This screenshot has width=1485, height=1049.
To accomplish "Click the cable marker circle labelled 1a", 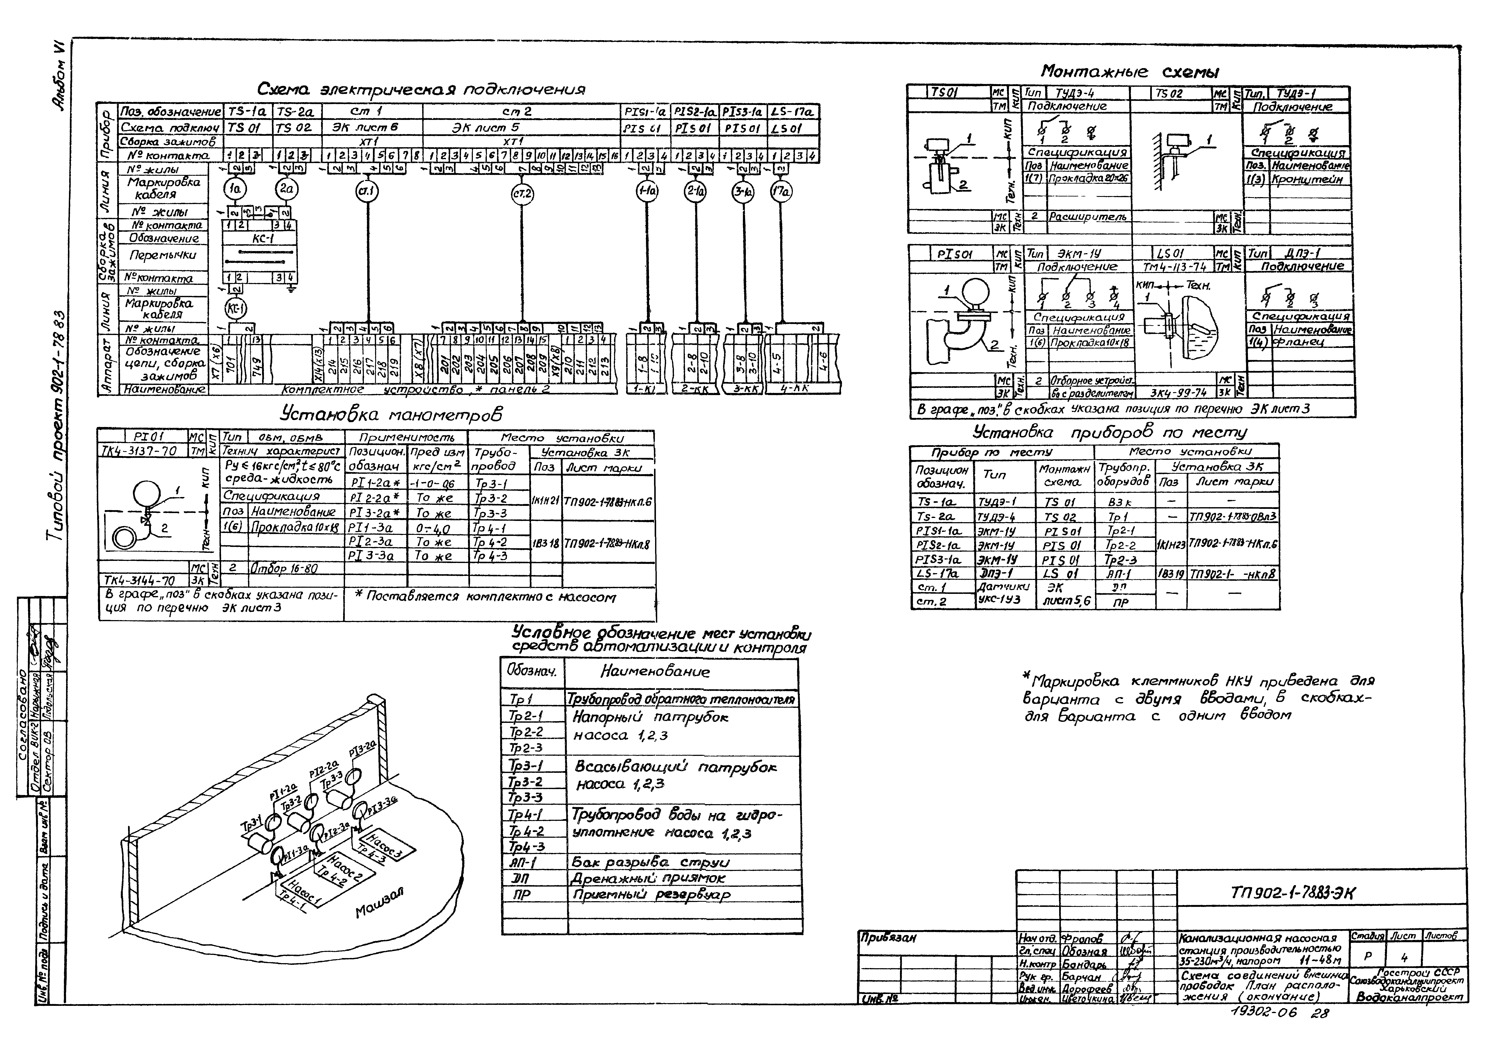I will pos(235,189).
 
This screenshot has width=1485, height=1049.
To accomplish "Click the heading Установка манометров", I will pos(391,414).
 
